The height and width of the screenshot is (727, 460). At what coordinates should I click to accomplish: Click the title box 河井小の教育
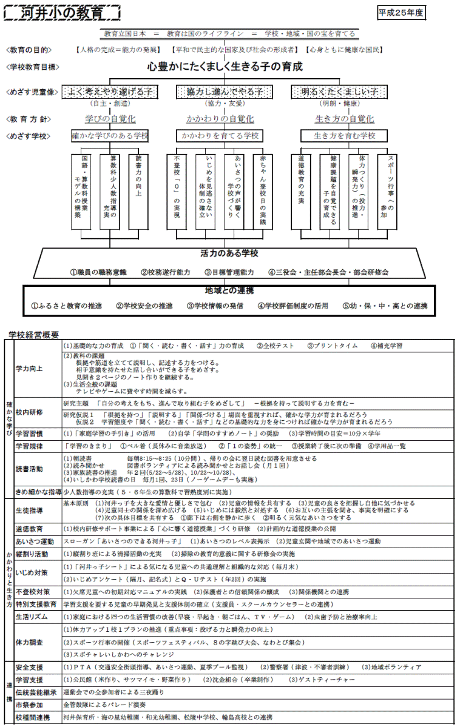click(63, 13)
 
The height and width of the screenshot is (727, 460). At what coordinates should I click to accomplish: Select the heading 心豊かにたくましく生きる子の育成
click(225, 67)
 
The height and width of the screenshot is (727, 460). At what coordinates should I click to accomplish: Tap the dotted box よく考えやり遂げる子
click(110, 92)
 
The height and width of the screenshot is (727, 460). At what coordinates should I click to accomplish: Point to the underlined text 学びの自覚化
click(110, 119)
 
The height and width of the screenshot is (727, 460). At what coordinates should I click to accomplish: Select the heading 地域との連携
click(229, 290)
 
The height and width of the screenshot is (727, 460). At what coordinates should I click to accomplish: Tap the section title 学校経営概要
click(34, 334)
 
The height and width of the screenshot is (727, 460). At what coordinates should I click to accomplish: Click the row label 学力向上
click(29, 368)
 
